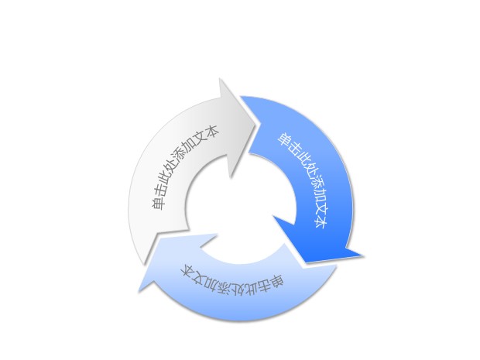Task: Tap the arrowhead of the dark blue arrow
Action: (x=318, y=242)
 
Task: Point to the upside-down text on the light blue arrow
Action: (x=233, y=281)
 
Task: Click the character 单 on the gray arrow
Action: (x=158, y=203)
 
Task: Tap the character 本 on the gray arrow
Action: (x=211, y=132)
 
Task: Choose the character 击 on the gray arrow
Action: (x=160, y=190)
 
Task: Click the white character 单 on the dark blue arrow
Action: (x=284, y=140)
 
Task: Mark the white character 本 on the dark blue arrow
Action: (x=321, y=221)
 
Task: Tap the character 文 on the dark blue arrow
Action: (x=319, y=208)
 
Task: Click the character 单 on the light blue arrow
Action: (x=276, y=282)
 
